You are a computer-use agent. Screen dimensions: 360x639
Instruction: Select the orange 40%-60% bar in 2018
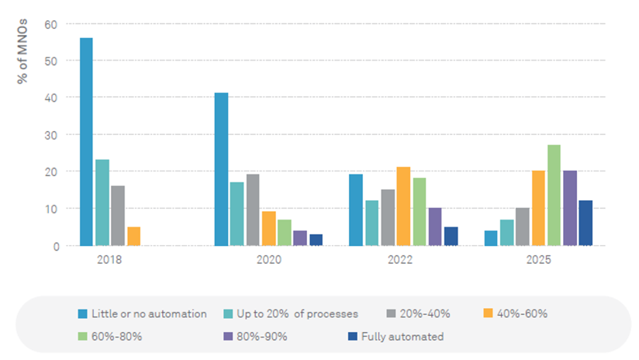[134, 237]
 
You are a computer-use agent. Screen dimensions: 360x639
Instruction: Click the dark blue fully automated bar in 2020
[316, 240]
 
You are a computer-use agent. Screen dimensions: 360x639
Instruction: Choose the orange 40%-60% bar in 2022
[403, 206]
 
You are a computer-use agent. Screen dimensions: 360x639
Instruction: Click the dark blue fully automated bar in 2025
[585, 223]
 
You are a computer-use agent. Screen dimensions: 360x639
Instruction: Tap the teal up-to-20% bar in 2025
[506, 233]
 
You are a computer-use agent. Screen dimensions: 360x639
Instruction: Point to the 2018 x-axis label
[110, 260]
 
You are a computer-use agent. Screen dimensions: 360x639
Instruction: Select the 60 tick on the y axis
[51, 24]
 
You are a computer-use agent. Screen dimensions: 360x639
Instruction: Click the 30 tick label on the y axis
[51, 135]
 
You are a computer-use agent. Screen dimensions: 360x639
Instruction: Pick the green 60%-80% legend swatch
[82, 336]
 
